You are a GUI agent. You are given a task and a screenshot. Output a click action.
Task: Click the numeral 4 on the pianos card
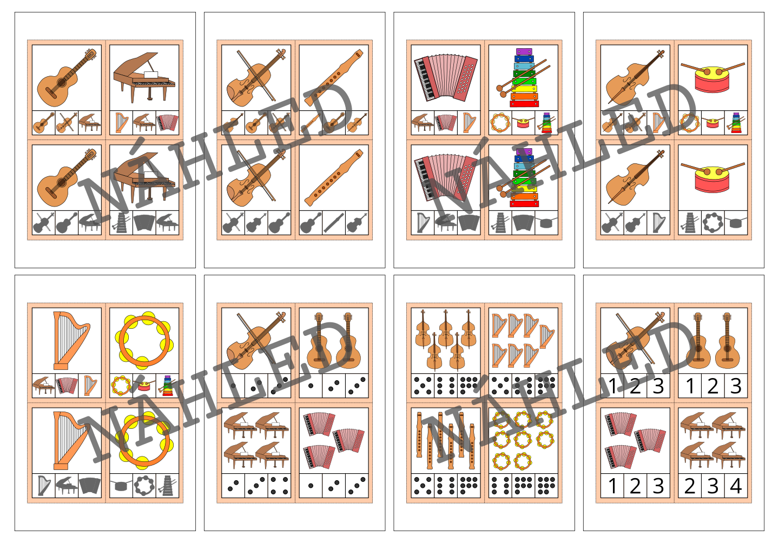coord(736,486)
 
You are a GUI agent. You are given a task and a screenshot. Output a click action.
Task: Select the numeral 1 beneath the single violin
coord(612,386)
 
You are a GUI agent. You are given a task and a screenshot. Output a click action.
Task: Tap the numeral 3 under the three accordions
coord(658,486)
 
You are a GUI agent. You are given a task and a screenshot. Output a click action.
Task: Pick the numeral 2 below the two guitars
coord(712,386)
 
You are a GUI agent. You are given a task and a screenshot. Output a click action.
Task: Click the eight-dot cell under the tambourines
coord(523,485)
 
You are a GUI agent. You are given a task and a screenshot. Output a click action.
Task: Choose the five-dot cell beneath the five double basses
coord(422,386)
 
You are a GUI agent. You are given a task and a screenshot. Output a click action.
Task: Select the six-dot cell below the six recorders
coord(446,485)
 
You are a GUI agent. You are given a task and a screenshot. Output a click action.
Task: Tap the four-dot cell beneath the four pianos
coord(279,485)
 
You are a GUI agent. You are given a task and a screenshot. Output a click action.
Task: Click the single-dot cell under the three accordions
coord(311,485)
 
